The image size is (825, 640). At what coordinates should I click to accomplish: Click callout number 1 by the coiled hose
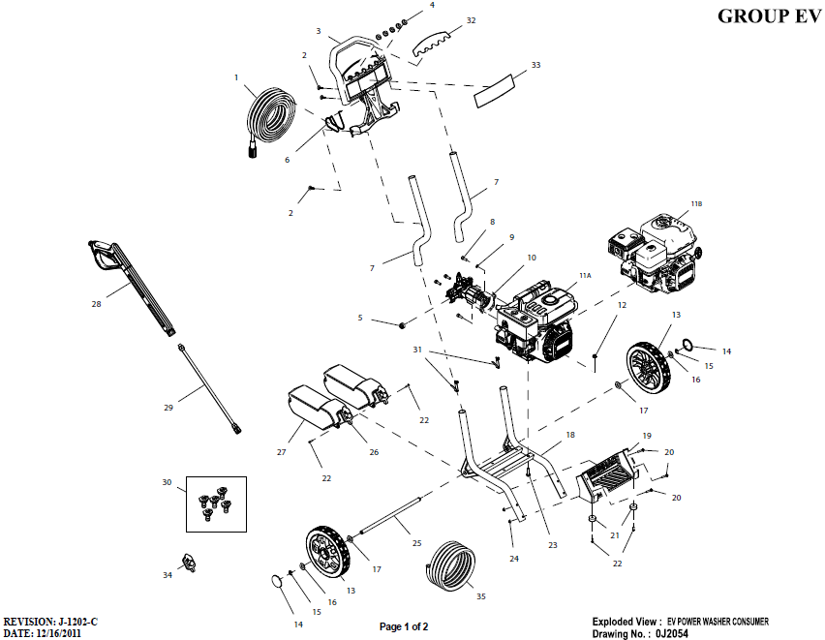[x=235, y=76]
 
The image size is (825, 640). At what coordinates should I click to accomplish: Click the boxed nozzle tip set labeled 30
[x=216, y=503]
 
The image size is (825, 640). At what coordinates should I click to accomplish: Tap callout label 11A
[x=584, y=276]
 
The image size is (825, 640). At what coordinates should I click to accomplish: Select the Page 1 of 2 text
[x=403, y=626]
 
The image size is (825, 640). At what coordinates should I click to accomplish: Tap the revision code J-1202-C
[x=79, y=620]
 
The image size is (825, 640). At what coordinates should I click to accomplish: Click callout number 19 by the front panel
[x=646, y=436]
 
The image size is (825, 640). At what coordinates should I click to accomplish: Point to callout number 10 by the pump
[x=531, y=258]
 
